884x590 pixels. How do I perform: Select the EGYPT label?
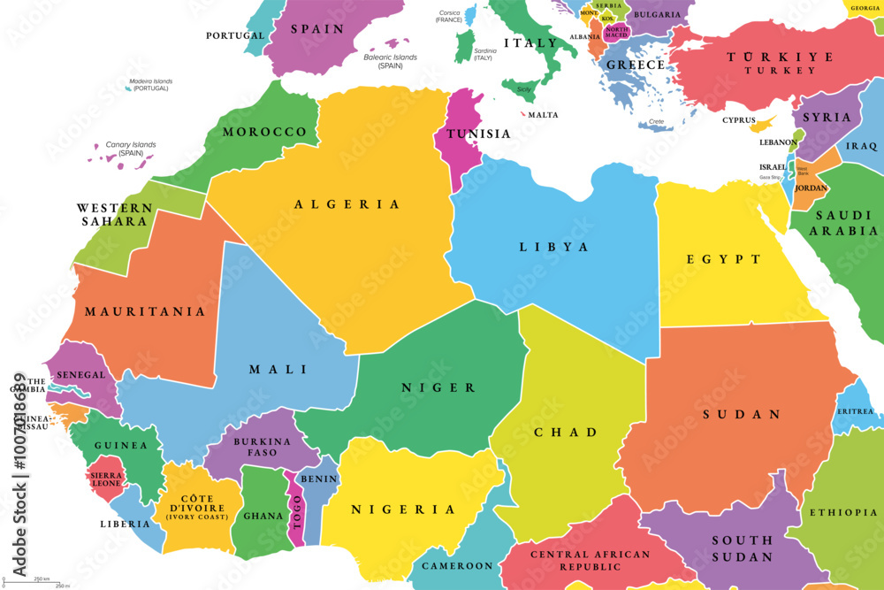723,259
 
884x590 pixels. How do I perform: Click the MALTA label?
543,115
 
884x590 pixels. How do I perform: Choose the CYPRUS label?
739,120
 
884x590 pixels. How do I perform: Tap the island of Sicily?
522,90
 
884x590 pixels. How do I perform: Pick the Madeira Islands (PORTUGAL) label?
150,86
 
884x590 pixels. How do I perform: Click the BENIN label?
319,479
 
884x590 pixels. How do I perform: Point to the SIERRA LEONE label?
106,480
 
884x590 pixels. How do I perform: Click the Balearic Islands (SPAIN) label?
390,61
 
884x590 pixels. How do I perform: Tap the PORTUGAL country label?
235,35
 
